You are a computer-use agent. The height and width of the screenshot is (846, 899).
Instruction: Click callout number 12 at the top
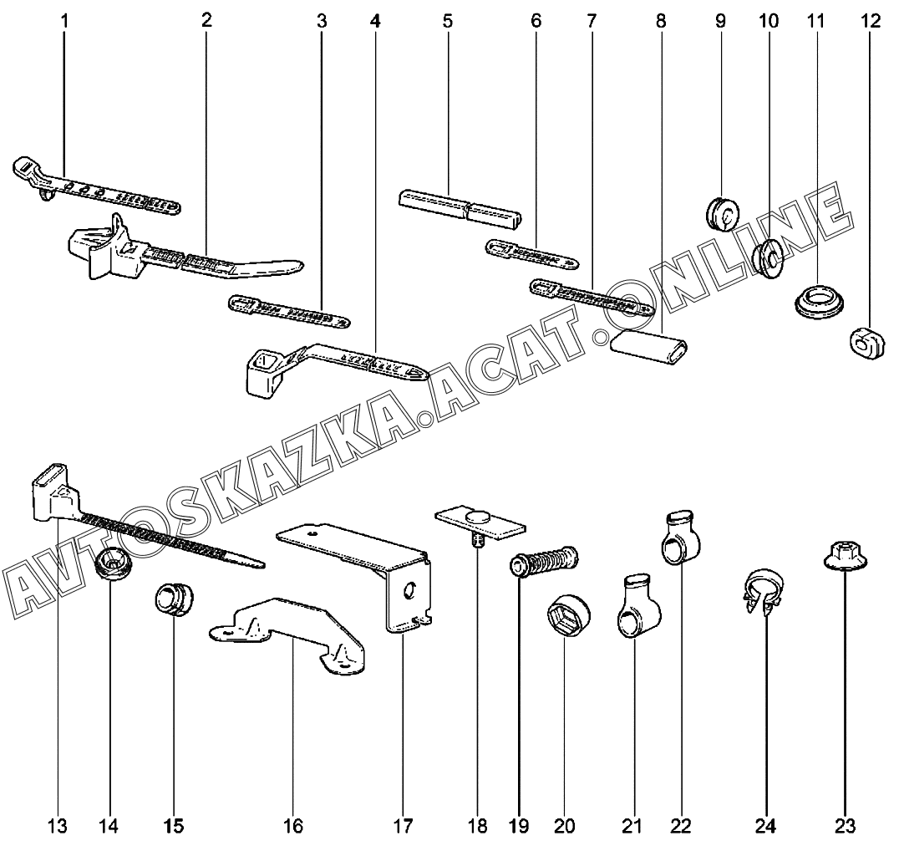tap(871, 20)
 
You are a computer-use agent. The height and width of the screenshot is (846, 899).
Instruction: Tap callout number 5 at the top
tap(447, 20)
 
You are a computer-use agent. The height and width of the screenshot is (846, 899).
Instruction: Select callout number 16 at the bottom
tap(292, 826)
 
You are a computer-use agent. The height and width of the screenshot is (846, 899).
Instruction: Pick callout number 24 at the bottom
tap(766, 826)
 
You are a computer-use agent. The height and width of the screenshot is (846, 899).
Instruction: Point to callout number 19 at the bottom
tap(518, 826)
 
